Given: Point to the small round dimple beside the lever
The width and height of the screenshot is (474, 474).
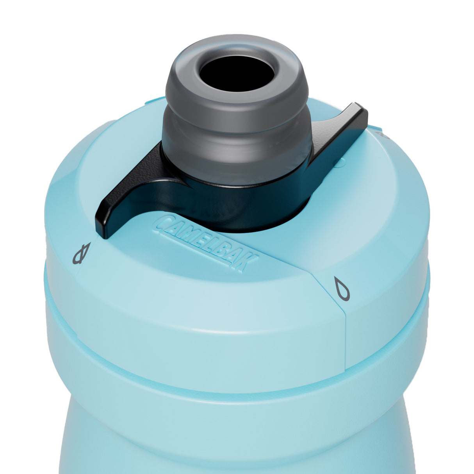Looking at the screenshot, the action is coord(339,163).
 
